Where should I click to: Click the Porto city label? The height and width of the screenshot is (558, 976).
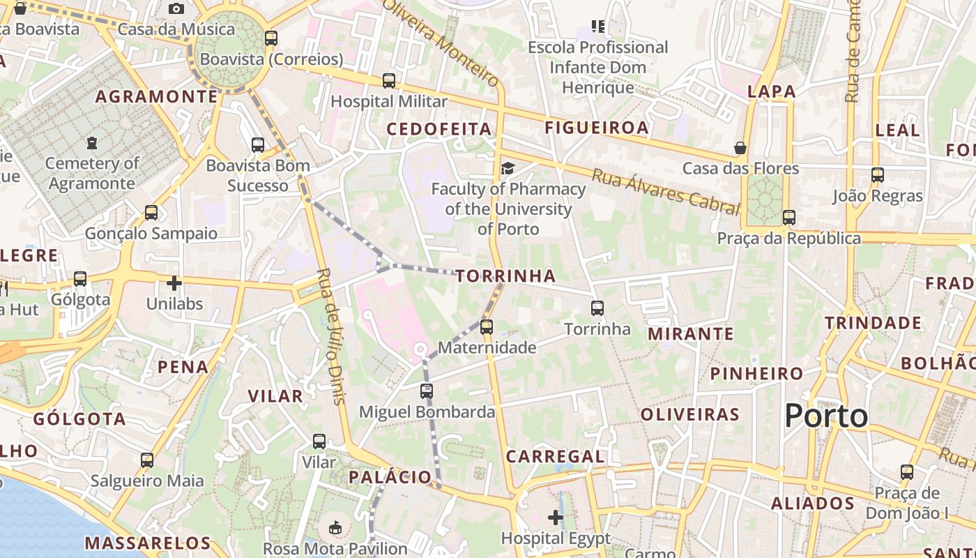[826, 416]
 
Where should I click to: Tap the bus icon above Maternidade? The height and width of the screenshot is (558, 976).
[487, 326]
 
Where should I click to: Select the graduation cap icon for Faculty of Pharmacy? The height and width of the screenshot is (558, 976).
[508, 168]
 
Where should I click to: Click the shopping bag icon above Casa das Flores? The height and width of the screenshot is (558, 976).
[740, 148]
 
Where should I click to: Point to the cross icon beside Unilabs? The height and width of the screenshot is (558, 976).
[174, 283]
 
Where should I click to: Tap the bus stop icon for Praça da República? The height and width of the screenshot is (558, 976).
[788, 218]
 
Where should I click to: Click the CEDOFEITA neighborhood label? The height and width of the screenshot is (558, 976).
[439, 129]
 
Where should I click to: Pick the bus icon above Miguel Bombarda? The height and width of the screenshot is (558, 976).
[427, 391]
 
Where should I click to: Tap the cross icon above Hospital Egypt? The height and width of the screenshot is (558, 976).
[556, 518]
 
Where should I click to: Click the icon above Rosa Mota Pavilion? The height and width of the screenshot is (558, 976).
[335, 528]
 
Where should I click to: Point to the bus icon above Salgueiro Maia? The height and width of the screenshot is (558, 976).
[146, 460]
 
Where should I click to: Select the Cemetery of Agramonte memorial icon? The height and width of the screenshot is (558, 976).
[92, 143]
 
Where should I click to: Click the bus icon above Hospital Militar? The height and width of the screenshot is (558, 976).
[389, 81]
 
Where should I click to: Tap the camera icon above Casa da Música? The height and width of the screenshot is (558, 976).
[176, 8]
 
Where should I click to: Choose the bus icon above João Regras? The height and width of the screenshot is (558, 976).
[877, 175]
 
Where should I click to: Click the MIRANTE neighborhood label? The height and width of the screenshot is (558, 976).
[691, 334]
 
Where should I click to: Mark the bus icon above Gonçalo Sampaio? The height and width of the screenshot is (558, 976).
[151, 213]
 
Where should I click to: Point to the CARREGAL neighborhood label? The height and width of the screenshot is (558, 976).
[555, 457]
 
